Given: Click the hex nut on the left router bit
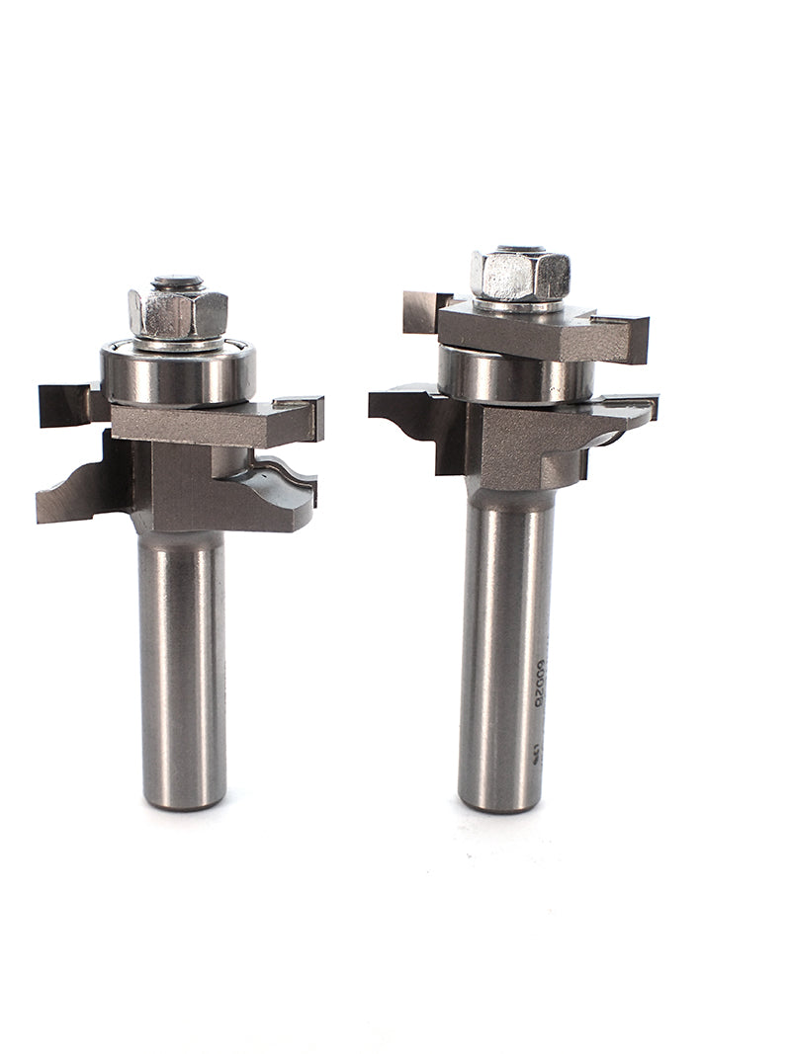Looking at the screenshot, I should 178,314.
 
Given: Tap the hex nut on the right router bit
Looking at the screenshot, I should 520,276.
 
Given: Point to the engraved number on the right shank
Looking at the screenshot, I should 540,682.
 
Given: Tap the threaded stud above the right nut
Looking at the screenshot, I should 521,247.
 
